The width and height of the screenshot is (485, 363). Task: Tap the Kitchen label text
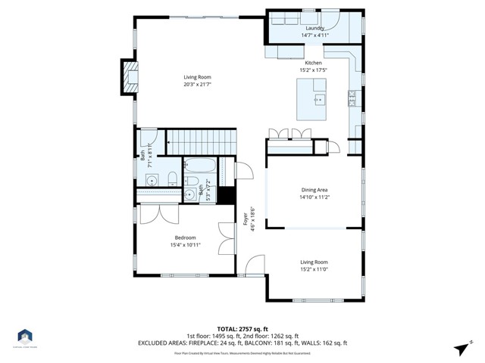[313, 63]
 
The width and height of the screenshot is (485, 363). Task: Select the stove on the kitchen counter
[352, 96]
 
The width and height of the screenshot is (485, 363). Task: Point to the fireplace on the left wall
[130, 76]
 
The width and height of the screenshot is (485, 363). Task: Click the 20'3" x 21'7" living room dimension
[197, 84]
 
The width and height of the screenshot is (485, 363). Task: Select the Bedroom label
[186, 237]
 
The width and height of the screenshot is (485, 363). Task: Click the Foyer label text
[246, 219]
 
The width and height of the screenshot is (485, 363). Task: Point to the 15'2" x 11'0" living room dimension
[314, 269]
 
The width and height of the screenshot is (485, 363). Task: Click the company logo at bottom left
[25, 337]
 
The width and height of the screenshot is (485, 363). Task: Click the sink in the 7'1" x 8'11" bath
[154, 181]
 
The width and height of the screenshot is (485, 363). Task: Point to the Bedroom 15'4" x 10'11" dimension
[186, 245]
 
